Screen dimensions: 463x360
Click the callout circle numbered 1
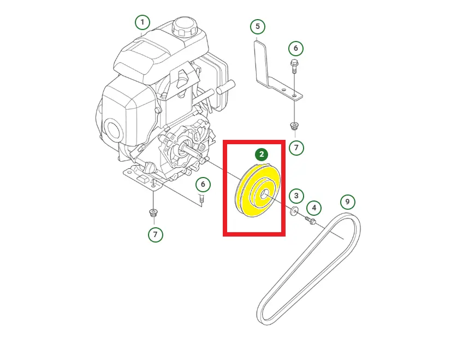tap(143, 22)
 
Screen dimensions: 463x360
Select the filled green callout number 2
tap(262, 154)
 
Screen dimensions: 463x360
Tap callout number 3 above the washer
tap(296, 196)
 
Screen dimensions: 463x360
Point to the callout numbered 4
tap(314, 208)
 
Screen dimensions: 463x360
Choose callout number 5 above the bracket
tap(258, 27)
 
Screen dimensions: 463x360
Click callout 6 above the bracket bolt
tap(295, 48)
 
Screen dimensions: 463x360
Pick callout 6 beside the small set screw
tap(203, 184)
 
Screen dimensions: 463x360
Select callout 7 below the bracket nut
tap(296, 147)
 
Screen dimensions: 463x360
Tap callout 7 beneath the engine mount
tap(155, 234)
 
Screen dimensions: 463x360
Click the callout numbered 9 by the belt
tap(348, 202)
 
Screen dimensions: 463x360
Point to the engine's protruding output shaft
tap(192, 150)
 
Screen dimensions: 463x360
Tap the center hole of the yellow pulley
tap(264, 194)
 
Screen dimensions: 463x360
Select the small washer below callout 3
tap(294, 211)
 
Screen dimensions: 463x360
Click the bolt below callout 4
tap(311, 220)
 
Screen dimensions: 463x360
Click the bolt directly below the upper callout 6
tap(294, 67)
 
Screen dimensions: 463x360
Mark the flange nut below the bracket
tap(294, 126)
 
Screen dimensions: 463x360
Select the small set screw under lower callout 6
tap(201, 199)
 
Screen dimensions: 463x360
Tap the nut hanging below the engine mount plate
tap(153, 213)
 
